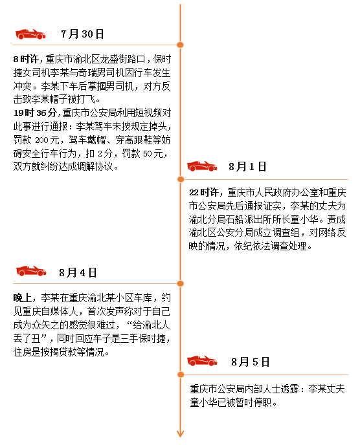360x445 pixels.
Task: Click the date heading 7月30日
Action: [x=82, y=34]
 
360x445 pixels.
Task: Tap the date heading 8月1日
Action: [x=247, y=167]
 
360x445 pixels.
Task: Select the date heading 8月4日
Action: [x=78, y=273]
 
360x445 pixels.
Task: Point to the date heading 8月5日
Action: [x=250, y=362]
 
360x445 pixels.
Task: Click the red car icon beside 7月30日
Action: [x=30, y=34]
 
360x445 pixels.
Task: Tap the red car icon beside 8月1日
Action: [x=202, y=166]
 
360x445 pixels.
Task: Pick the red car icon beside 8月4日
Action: [x=31, y=271]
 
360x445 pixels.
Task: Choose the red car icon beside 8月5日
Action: [x=202, y=361]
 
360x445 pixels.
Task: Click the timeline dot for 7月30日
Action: [x=180, y=45]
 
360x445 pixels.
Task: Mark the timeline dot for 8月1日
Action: [x=181, y=179]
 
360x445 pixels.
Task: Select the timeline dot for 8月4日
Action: [x=181, y=283]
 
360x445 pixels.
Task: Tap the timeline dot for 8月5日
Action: [x=181, y=374]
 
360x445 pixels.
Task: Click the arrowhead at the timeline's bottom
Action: [x=180, y=434]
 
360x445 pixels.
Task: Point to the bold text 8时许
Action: [x=26, y=60]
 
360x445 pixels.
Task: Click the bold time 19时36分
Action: [x=35, y=113]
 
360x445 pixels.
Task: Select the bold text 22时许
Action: [x=204, y=192]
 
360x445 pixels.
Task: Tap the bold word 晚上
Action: [x=23, y=298]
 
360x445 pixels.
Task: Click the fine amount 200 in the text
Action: [x=42, y=140]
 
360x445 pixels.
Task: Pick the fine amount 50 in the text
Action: [x=148, y=154]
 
